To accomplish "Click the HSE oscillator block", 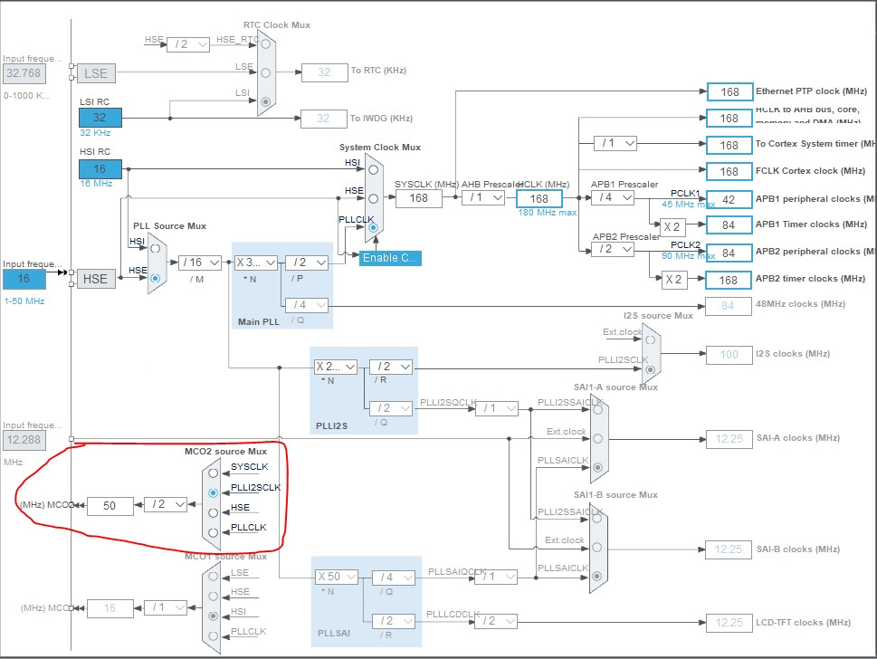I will tap(96, 279).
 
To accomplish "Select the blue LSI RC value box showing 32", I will tap(100, 117).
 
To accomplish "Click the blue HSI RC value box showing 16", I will tap(100, 168).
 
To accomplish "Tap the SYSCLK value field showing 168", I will tap(418, 198).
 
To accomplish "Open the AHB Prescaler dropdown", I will tap(482, 198).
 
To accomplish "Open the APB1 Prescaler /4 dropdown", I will tap(613, 197).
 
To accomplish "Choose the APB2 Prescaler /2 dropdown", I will tap(613, 249).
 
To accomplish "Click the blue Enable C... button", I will tap(390, 258).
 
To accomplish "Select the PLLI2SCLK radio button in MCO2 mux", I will tap(213, 492).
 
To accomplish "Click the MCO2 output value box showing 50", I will tap(110, 505).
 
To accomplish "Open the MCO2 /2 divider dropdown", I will tap(166, 504).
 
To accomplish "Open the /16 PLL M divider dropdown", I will tap(200, 263).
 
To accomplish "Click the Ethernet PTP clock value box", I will tap(729, 91).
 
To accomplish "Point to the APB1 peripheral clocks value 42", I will tap(729, 199).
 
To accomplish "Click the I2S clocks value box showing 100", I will tap(729, 354).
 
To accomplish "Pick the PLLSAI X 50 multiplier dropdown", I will tap(337, 577).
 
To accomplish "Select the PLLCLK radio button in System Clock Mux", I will tap(372, 228).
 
